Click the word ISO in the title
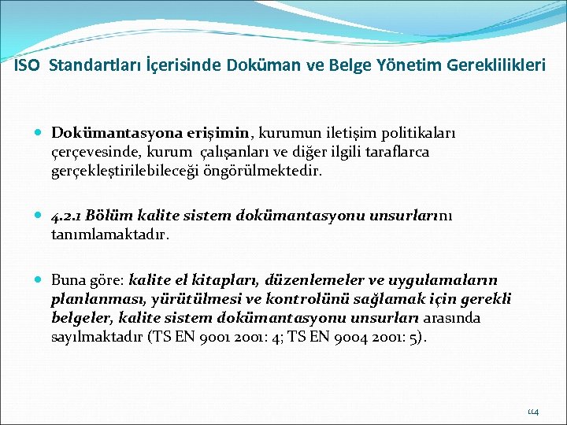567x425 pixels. (28, 66)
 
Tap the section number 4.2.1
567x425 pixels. (66, 215)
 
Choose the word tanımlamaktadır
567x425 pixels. (109, 234)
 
